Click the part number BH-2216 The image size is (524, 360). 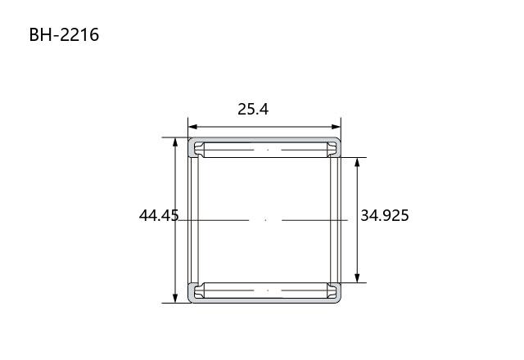(x=64, y=34)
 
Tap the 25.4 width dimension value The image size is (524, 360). (x=253, y=109)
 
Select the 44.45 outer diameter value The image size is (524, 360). (x=159, y=215)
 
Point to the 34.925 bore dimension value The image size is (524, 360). (x=385, y=215)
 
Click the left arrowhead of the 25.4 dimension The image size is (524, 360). (x=193, y=127)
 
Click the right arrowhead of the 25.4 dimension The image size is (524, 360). (x=336, y=127)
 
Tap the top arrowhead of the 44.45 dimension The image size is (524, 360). (x=175, y=142)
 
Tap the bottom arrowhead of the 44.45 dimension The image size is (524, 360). (x=175, y=298)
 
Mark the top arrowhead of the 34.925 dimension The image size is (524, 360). (x=357, y=163)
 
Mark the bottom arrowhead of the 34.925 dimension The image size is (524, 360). (x=357, y=278)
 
